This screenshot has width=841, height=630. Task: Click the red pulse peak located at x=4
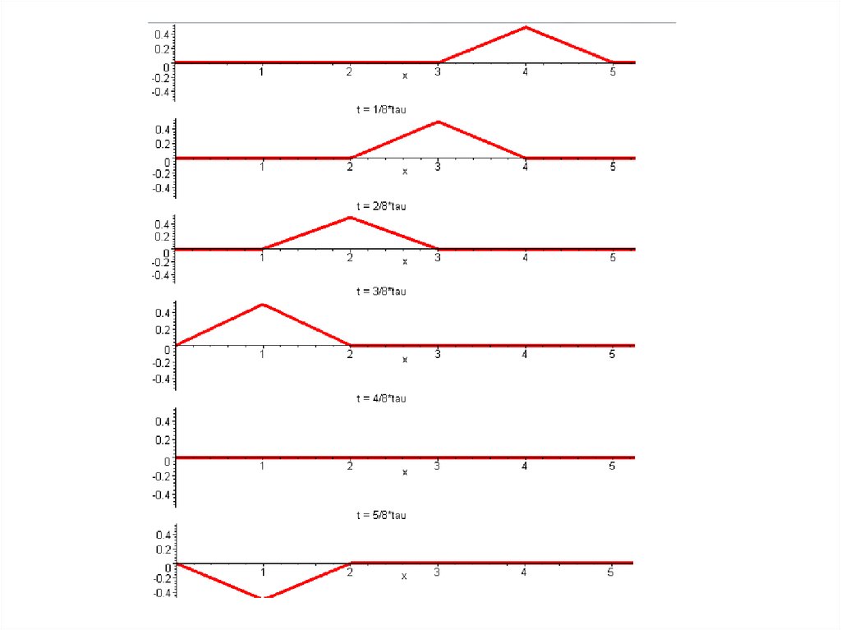click(525, 27)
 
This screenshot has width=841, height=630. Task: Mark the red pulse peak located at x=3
click(438, 122)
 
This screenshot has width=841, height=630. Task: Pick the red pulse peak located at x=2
click(351, 217)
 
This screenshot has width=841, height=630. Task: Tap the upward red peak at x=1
click(262, 305)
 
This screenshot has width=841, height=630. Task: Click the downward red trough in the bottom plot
click(263, 597)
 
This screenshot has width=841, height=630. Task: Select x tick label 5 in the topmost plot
click(613, 72)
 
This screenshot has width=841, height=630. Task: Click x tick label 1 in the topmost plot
click(262, 72)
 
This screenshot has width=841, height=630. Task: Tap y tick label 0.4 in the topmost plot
click(162, 34)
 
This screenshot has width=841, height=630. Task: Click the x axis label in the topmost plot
click(404, 76)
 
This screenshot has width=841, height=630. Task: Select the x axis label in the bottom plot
click(404, 577)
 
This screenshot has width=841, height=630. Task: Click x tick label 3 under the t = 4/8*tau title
click(438, 466)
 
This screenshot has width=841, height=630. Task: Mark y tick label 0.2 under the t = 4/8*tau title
click(162, 440)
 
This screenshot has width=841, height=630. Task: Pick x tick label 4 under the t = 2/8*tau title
click(525, 258)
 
